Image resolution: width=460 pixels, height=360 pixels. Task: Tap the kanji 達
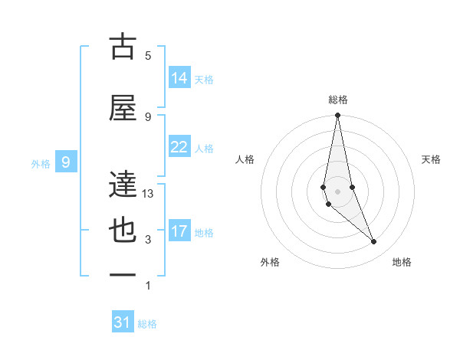[123, 184]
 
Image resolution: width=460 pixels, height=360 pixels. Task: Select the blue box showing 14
[179, 78]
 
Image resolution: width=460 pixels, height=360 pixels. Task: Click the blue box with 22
[179, 147]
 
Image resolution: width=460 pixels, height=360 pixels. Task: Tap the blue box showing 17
[179, 231]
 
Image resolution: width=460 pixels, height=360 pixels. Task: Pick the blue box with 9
[67, 162]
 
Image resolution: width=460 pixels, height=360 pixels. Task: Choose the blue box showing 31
[123, 322]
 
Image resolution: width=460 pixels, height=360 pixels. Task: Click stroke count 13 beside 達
[148, 194]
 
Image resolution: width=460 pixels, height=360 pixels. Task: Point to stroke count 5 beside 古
[148, 56]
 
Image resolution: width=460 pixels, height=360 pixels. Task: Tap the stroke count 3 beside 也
[148, 240]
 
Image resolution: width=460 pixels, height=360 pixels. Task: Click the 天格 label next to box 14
[204, 79]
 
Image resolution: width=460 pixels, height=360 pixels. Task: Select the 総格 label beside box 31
[147, 324]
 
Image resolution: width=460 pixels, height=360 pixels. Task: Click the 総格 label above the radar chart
[337, 100]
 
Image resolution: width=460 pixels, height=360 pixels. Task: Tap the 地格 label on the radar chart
[402, 262]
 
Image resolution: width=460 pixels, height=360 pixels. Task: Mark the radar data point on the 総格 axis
[337, 116]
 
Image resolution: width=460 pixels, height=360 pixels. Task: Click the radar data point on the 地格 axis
[374, 241]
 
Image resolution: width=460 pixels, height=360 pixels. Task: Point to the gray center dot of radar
[337, 191]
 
